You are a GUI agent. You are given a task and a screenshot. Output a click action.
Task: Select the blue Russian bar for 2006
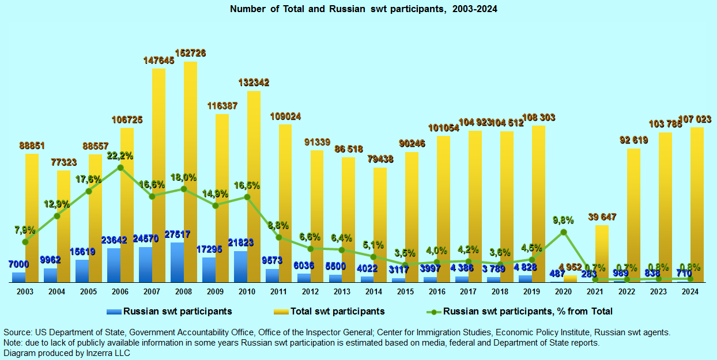coord(114,265)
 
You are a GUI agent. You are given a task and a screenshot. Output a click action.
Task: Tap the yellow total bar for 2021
coord(602,253)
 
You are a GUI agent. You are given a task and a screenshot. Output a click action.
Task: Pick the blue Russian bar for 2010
coord(241,267)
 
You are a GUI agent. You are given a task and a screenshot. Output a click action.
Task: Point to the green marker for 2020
coord(564,232)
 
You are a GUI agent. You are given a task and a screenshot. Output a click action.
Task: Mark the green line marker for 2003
coord(25,242)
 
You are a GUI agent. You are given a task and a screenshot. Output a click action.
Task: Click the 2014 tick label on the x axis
coord(373,292)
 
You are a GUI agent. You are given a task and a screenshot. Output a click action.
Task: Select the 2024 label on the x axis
coord(690,292)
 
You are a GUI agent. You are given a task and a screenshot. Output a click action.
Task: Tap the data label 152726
coord(190,53)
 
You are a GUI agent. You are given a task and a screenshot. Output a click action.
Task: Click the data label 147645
coord(159,60)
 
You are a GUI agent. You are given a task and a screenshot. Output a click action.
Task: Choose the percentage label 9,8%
coord(563,219)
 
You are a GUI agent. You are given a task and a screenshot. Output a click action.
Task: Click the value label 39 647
coord(602,217)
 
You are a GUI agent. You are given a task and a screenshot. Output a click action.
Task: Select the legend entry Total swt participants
coord(337,312)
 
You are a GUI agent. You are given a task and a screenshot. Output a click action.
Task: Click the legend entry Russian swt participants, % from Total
coord(527,312)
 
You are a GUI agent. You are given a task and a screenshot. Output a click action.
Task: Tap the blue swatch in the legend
coord(114,312)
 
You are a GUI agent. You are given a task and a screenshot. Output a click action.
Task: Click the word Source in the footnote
coord(18,332)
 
